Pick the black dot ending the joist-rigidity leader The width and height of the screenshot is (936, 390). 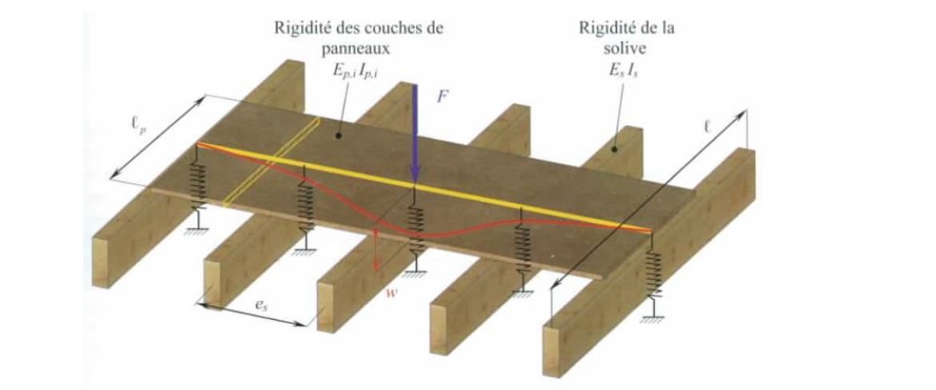617,148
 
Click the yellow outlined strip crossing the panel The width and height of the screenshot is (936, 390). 272,163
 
